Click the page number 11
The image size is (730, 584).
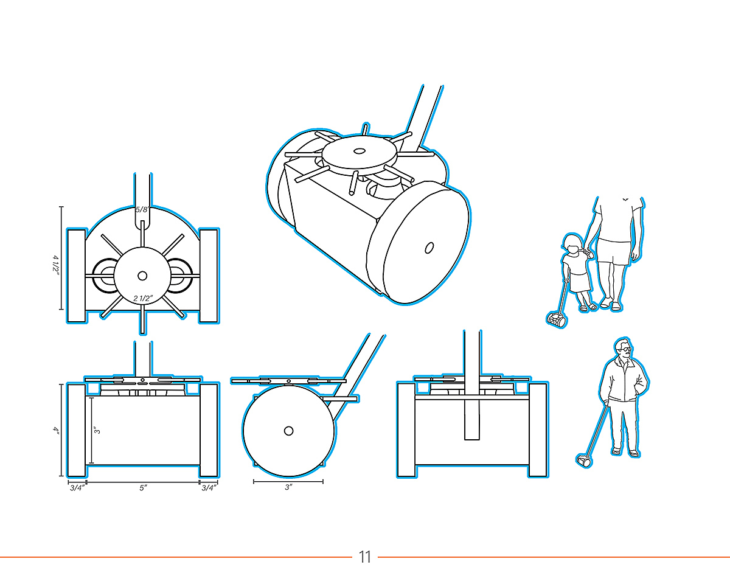coord(364,557)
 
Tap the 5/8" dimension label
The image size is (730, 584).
coord(142,209)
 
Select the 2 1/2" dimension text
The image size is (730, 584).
coord(143,298)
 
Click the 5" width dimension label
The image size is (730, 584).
coord(143,488)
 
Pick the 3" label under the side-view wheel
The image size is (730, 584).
coord(288,487)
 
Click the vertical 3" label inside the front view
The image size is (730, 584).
coord(98,430)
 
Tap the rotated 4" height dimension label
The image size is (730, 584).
coord(57,430)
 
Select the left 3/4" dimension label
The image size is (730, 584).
coord(77,488)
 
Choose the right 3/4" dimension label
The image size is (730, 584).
coord(209,488)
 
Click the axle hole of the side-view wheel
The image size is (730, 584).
coord(289,431)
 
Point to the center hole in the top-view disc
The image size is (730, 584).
coord(142,276)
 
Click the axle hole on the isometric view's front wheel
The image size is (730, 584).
coord(429,248)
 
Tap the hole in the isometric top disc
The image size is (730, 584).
coord(358,151)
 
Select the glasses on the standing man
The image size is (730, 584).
coord(626,349)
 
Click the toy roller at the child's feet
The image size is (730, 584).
coord(557,319)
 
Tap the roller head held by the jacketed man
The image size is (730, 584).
coord(584,461)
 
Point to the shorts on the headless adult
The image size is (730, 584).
coord(614,251)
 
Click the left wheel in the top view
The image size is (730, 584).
coord(76,276)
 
